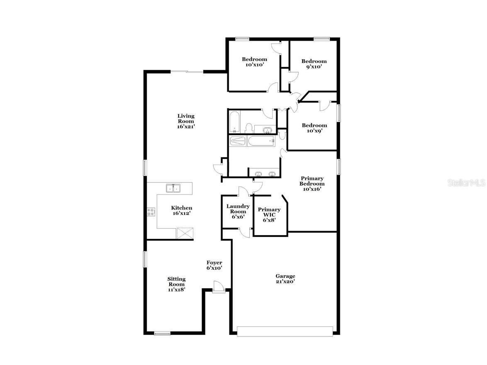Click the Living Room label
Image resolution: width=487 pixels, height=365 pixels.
pos(186,121)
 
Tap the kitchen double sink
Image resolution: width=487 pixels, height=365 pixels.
pos(173,188)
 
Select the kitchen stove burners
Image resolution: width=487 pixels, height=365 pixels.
pos(151,212)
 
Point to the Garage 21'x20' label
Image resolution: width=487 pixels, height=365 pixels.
pos(285,279)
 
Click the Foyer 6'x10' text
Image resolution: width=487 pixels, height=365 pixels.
pos(214,265)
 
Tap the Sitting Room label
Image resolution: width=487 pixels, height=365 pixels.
pos(176,284)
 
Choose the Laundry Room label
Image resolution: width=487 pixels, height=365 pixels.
pos(238,211)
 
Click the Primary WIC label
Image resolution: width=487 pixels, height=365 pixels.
pos(269,215)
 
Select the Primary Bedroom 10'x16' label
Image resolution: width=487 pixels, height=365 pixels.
pos(312,183)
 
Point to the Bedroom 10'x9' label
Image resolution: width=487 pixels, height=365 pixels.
pos(314,128)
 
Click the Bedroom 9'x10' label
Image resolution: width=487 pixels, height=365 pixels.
pos(314,64)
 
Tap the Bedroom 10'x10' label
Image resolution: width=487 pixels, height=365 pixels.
pos(254,62)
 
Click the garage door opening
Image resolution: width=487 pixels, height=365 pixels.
pos(285,331)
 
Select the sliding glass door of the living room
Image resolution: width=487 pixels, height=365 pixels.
pos(187,72)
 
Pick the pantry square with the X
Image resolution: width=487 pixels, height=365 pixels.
pos(185,233)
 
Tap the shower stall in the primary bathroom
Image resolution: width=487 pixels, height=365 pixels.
pos(238,141)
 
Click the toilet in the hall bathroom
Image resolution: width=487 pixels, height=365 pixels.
pos(248,128)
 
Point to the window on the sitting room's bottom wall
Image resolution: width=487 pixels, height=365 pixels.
pos(163,333)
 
